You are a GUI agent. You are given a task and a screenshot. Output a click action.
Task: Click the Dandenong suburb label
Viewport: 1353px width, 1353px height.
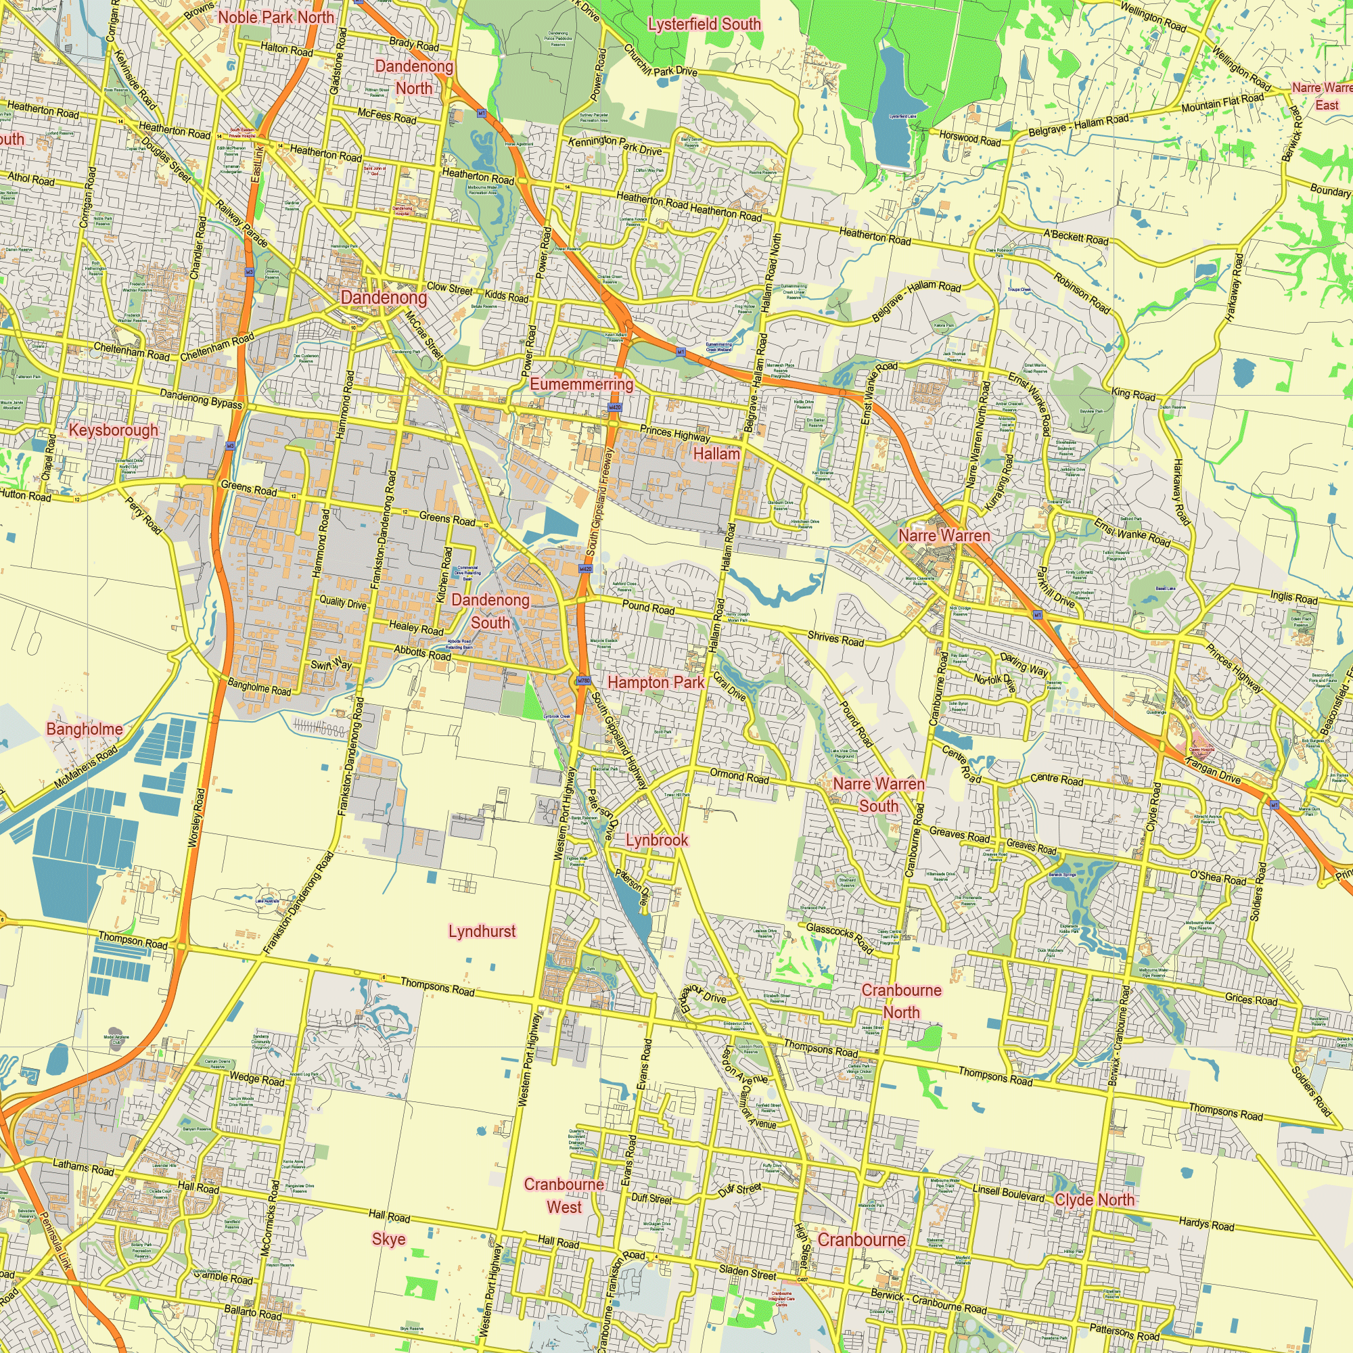click(383, 298)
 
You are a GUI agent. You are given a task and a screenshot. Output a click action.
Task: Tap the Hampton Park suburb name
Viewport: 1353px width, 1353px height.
click(656, 682)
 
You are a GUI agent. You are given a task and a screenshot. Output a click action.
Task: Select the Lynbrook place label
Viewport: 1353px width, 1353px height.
click(657, 840)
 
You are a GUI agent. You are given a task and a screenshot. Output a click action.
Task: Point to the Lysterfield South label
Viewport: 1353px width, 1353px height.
click(704, 24)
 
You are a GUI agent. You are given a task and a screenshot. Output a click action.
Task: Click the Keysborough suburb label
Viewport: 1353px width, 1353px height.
click(114, 430)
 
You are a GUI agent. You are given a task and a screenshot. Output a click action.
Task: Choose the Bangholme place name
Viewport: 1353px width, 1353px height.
click(84, 729)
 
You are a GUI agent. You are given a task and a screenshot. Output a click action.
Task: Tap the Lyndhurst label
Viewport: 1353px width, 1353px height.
click(482, 931)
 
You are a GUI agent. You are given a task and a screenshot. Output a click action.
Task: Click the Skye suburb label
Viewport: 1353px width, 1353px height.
click(389, 1239)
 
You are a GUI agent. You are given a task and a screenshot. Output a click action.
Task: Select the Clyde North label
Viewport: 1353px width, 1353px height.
click(1094, 1199)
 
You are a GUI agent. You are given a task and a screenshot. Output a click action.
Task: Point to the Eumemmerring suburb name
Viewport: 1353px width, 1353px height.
click(581, 384)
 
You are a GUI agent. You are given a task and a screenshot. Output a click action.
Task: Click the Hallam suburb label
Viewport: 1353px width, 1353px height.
click(716, 454)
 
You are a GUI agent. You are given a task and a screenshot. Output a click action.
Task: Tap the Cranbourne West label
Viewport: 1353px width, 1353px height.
click(564, 1195)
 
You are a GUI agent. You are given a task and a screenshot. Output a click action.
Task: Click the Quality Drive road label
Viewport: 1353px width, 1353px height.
click(342, 601)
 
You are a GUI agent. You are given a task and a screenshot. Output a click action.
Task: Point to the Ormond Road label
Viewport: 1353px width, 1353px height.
click(739, 776)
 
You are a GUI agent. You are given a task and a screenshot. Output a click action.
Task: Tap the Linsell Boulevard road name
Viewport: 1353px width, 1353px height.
click(1009, 1193)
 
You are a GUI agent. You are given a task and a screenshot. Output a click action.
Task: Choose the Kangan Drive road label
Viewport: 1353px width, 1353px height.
click(1213, 771)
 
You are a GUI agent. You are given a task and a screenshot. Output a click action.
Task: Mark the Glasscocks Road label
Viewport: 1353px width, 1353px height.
click(840, 938)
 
